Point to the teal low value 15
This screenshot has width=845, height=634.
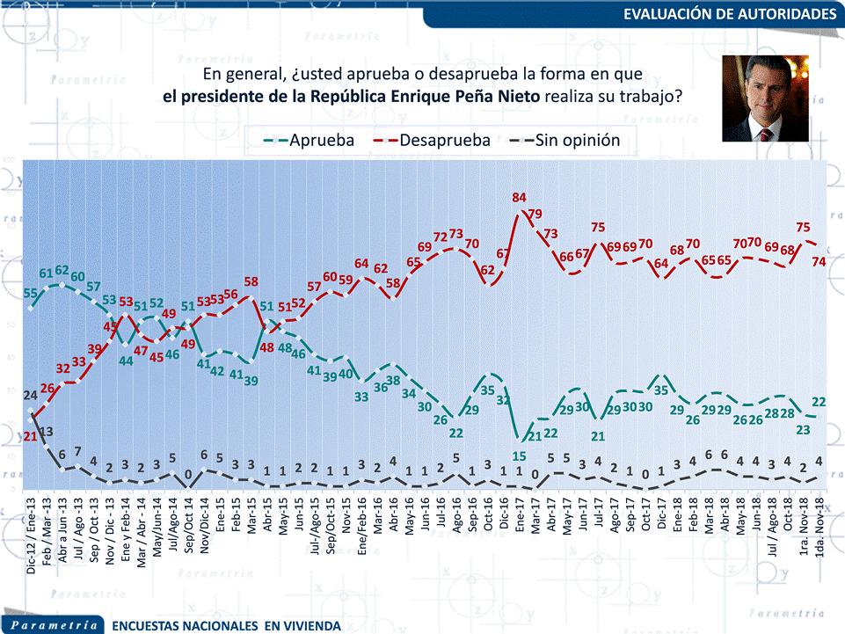click(519, 455)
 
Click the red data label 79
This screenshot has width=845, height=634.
click(535, 214)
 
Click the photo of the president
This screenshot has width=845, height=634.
click(765, 98)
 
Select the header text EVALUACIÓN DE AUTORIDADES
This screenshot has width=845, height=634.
click(729, 15)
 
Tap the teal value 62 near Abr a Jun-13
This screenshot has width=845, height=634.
click(62, 270)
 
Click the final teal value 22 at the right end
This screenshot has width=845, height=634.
click(819, 402)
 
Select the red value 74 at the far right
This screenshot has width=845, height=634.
click(819, 261)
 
